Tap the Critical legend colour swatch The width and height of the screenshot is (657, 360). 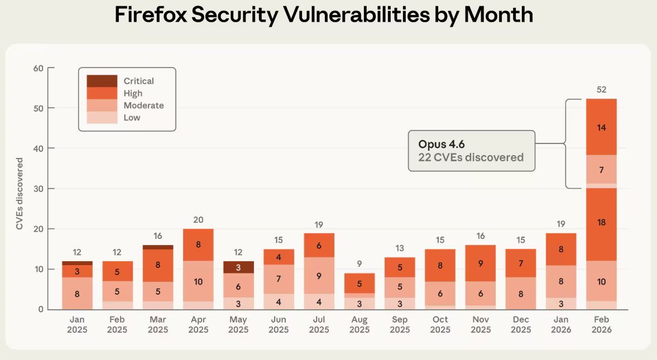(x=102, y=81)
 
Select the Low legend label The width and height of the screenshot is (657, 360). (x=132, y=118)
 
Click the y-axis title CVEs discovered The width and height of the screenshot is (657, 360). (x=20, y=194)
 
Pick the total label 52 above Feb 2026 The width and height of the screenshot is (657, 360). (x=601, y=89)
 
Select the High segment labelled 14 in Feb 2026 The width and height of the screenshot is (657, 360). (x=601, y=127)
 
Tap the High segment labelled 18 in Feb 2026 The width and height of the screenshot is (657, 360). (x=601, y=223)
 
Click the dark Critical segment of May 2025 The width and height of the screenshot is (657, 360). (x=238, y=267)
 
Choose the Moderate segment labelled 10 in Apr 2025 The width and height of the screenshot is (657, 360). (x=198, y=281)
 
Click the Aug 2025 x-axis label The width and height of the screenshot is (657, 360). (x=359, y=324)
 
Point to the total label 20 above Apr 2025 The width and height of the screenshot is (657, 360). (x=198, y=220)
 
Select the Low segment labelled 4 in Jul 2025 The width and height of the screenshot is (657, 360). (x=319, y=301)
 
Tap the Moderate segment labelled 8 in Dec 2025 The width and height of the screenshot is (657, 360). (x=521, y=294)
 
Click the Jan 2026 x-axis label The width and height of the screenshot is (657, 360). (x=561, y=324)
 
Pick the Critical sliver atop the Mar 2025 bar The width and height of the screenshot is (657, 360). (x=158, y=247)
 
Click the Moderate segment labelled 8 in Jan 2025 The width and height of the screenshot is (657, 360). (x=77, y=293)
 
